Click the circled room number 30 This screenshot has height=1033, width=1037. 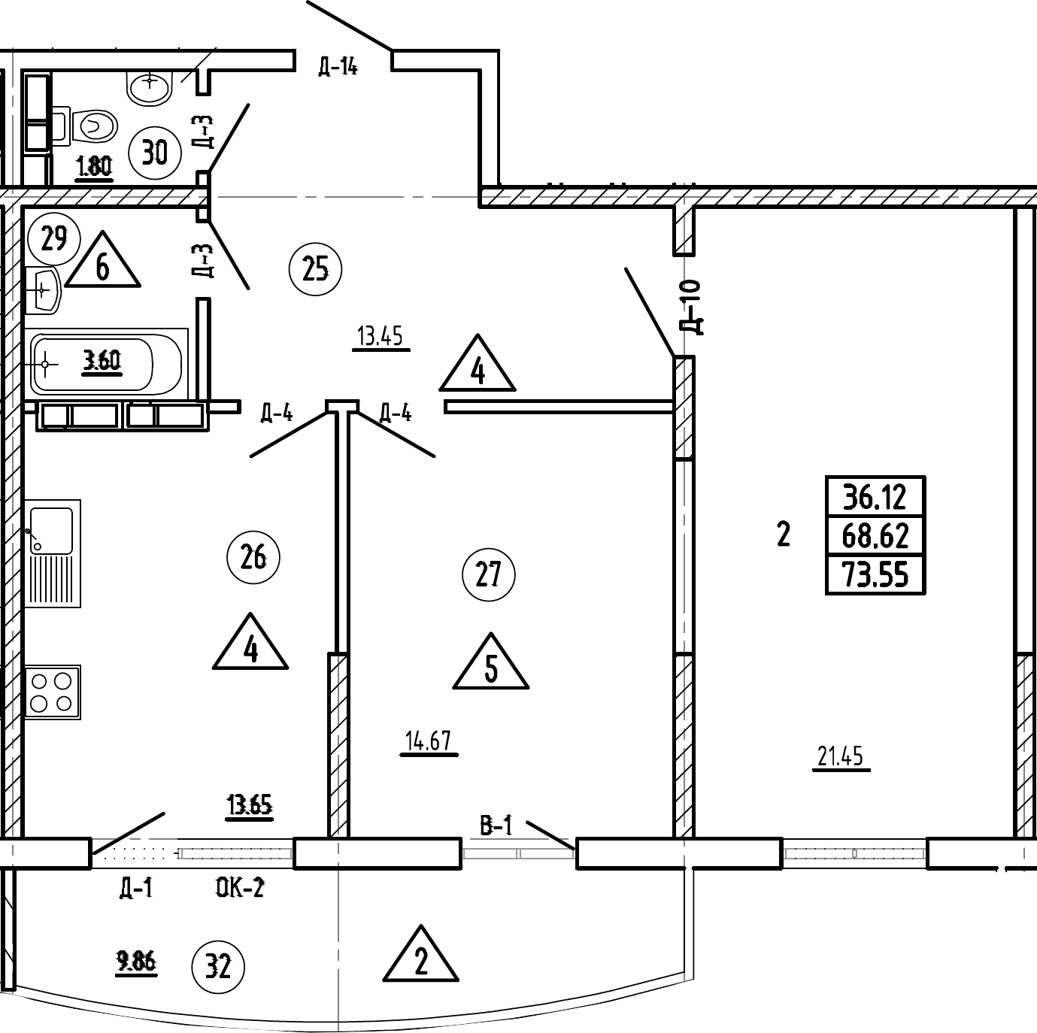pyautogui.click(x=155, y=153)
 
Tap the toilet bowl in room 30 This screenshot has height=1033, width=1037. pyautogui.click(x=95, y=126)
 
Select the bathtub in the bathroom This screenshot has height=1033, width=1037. pyautogui.click(x=105, y=364)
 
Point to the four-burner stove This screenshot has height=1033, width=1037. pyautogui.click(x=52, y=692)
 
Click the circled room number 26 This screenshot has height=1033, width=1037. pyautogui.click(x=253, y=558)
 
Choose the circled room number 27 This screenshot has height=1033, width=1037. pyautogui.click(x=488, y=576)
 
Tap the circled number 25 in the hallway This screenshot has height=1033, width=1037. pyautogui.click(x=315, y=268)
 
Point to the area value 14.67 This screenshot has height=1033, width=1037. pyautogui.click(x=428, y=741)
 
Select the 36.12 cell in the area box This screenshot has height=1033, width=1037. pyautogui.click(x=875, y=496)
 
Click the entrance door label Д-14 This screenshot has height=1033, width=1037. pyautogui.click(x=336, y=67)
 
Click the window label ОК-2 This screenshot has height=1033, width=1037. pyautogui.click(x=240, y=888)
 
